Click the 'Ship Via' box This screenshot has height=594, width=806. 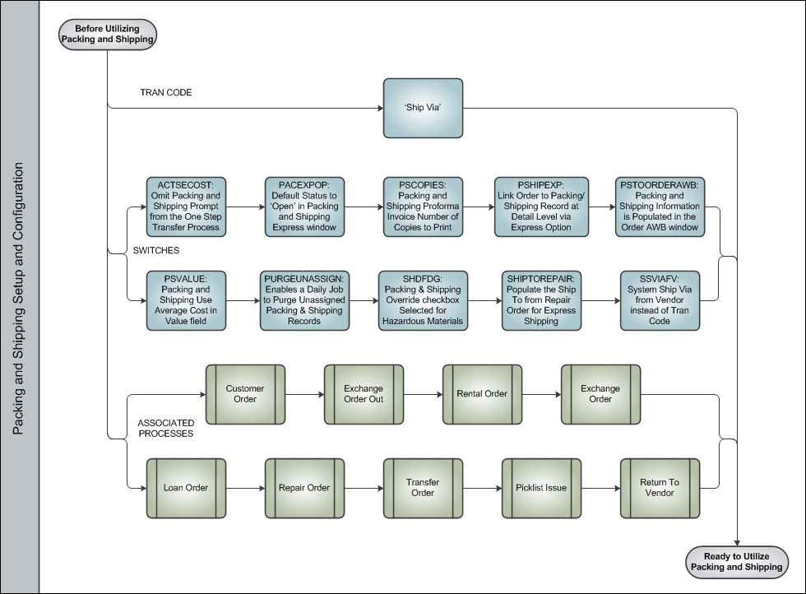click(423, 108)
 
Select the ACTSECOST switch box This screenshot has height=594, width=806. click(186, 207)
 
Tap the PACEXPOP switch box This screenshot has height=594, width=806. click(304, 207)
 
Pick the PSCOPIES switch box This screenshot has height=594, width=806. click(423, 207)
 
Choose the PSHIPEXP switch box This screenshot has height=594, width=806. click(541, 207)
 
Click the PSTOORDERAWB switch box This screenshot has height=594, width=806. click(660, 207)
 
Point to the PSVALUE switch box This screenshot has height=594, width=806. click(186, 300)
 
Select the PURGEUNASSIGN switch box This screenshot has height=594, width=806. click(304, 300)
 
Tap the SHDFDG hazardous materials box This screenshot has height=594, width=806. click(423, 300)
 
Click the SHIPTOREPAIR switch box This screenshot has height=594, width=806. click(541, 300)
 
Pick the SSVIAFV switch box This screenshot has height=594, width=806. click(660, 300)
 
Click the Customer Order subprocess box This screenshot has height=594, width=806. click(245, 394)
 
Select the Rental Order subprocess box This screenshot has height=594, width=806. click(482, 394)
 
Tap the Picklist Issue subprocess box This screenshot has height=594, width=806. click(541, 488)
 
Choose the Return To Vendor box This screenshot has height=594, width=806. click(660, 488)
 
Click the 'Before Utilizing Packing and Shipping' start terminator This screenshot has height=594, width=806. click(108, 35)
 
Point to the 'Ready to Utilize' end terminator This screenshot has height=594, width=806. click(737, 562)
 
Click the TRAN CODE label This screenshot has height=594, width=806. click(166, 93)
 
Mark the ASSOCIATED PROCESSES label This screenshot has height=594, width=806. click(166, 429)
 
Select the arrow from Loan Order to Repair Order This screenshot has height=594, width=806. click(246, 488)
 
